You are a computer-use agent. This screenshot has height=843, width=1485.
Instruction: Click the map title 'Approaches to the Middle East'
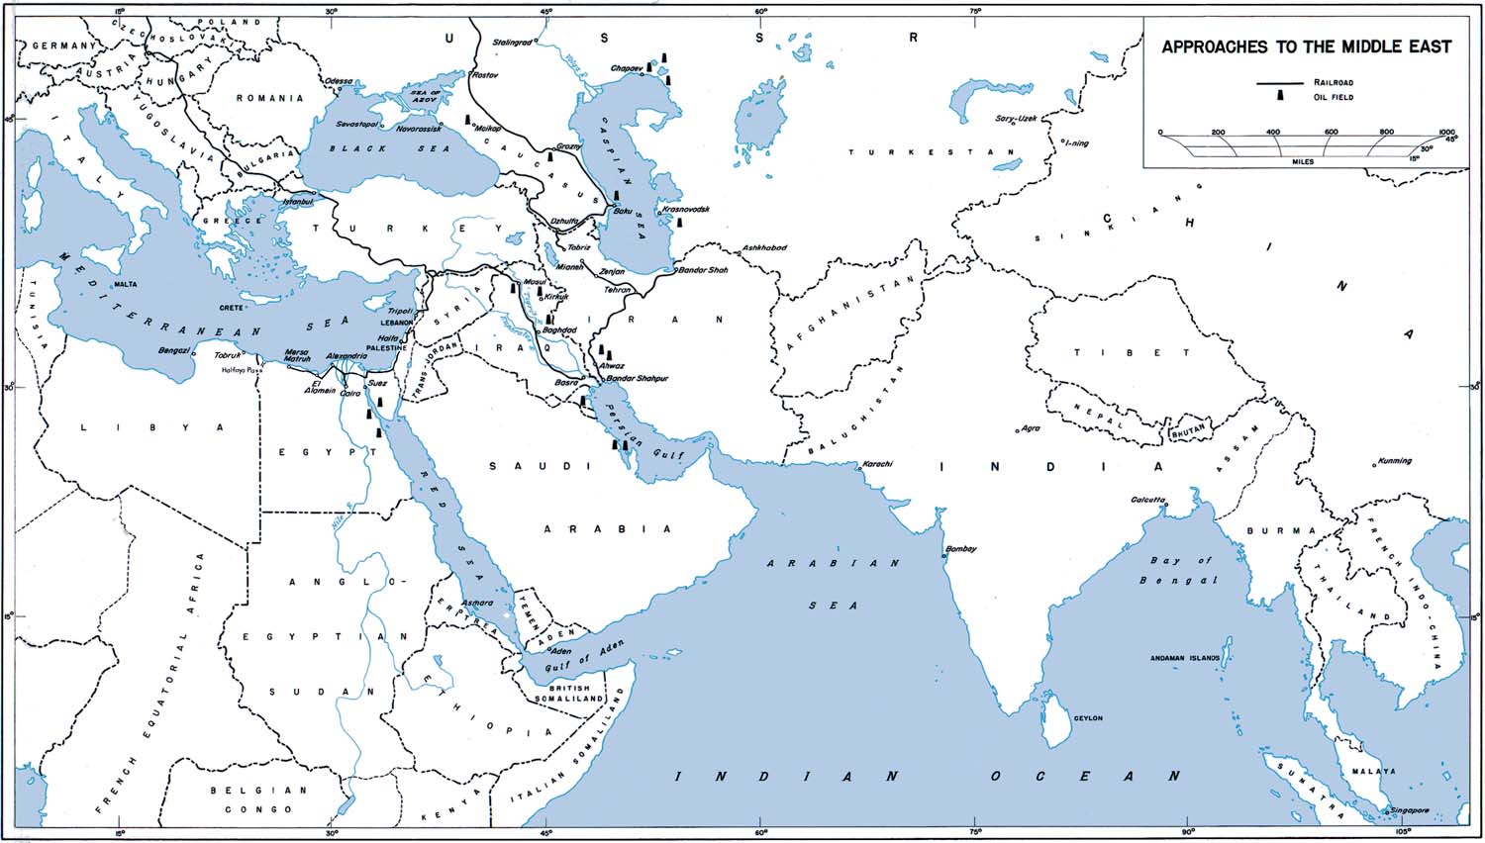1306,47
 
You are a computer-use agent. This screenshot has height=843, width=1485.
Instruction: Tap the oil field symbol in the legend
1279,96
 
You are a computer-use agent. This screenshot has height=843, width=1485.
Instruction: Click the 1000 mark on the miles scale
1446,132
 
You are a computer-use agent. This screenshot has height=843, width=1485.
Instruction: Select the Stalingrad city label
513,43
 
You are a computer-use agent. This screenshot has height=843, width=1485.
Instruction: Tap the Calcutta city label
1147,500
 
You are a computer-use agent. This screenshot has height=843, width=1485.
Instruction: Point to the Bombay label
961,549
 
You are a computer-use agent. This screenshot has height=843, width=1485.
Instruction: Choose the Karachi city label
878,464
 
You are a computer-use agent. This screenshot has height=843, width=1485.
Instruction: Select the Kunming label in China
1394,461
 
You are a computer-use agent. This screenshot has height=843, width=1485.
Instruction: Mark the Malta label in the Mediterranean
126,284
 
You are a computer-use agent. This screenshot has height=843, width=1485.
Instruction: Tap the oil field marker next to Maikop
468,120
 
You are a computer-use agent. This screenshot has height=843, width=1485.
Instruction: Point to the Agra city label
1031,428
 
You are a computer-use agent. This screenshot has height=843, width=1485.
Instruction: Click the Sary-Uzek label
1015,119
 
